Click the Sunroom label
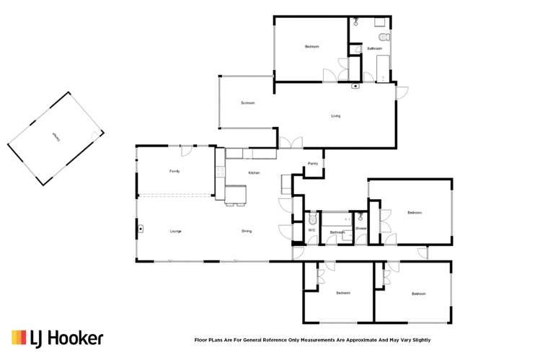[x=248, y=103]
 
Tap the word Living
[x=336, y=115]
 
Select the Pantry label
[x=312, y=164]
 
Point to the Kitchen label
[x=254, y=172]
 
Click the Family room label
[x=174, y=171]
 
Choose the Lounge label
[x=175, y=231]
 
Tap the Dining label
[x=247, y=231]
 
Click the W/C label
[x=311, y=232]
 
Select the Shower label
[x=360, y=229]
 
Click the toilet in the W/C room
[x=311, y=219]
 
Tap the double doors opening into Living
[x=291, y=143]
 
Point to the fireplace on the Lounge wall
[x=141, y=231]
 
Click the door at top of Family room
[x=187, y=150]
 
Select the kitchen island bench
[x=236, y=193]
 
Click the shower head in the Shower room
[x=360, y=216]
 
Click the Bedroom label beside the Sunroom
[x=311, y=46]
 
